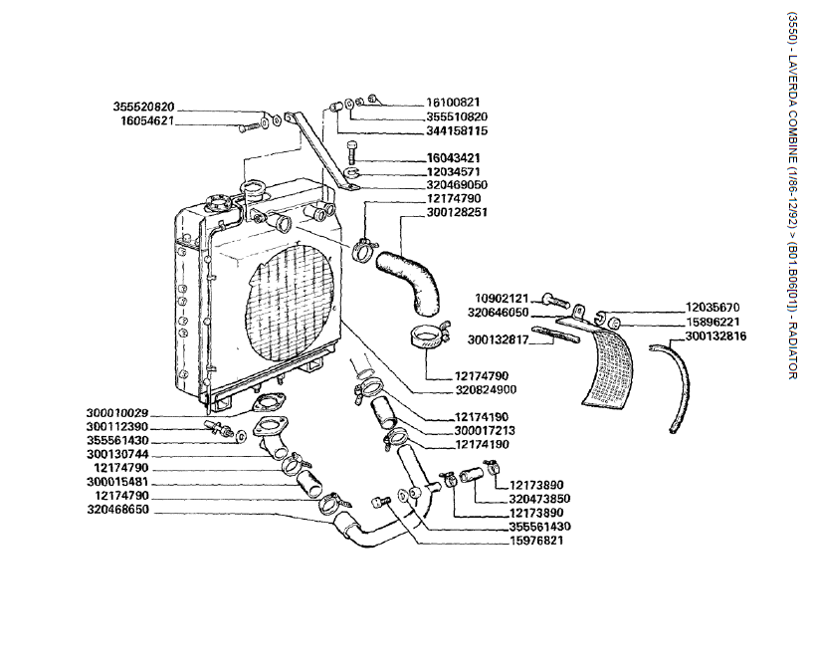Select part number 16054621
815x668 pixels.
point(147,121)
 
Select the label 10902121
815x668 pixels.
point(502,299)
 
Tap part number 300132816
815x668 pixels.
point(715,336)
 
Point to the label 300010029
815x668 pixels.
point(117,412)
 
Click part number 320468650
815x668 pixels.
point(117,509)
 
